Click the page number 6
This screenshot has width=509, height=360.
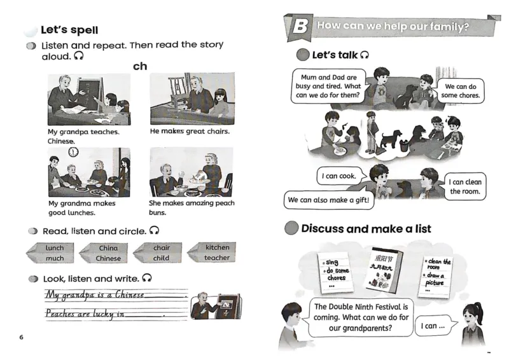click(21, 336)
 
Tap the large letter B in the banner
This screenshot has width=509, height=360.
click(298, 27)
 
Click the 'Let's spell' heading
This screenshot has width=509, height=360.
click(69, 30)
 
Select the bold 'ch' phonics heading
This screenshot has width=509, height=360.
click(140, 66)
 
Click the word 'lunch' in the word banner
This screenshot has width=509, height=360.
click(55, 248)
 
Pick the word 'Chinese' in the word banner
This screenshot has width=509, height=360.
click(108, 258)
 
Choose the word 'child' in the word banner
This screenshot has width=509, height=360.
click(161, 258)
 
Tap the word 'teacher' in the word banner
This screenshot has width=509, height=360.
click(217, 258)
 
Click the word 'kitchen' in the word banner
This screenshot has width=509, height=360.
click(217, 247)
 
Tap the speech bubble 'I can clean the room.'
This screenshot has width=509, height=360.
click(464, 186)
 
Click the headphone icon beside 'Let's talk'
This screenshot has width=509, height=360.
click(365, 55)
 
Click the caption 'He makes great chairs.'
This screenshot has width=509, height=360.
click(190, 132)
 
